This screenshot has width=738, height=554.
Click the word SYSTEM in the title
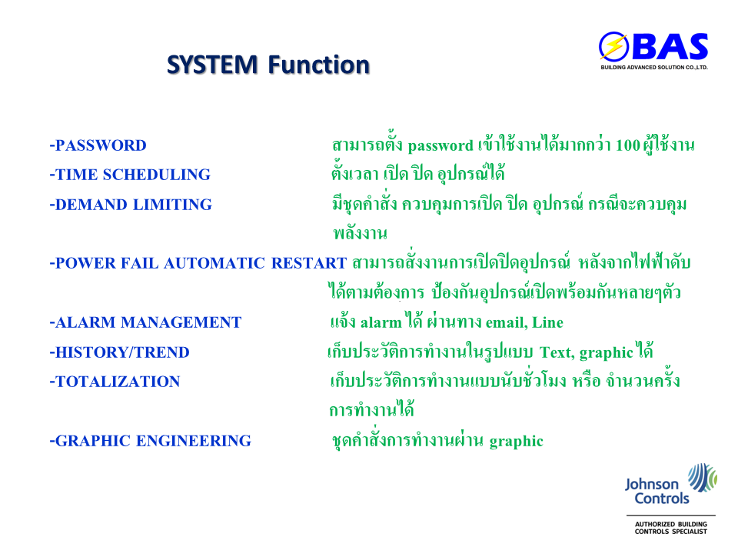[x=212, y=65]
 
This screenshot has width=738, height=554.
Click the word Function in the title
[x=319, y=65]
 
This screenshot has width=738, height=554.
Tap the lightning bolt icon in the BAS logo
[x=613, y=46]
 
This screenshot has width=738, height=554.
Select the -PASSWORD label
[x=98, y=145]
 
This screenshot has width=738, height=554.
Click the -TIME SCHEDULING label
[x=130, y=175]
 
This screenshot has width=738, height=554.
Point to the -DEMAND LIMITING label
[x=131, y=205]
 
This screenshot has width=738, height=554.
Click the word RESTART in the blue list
[x=309, y=263]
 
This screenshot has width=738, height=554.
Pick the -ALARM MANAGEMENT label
[x=145, y=322]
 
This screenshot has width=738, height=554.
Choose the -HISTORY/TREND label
[x=120, y=352]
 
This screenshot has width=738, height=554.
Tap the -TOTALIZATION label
[x=115, y=382]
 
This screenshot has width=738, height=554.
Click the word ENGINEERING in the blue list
[x=194, y=441]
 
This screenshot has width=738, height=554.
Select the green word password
[x=440, y=146]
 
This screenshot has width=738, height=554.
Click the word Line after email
[x=548, y=322]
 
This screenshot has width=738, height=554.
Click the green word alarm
[x=381, y=322]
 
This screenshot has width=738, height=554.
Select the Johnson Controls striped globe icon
[x=702, y=477]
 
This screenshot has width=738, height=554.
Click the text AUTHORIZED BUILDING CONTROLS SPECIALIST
[x=670, y=528]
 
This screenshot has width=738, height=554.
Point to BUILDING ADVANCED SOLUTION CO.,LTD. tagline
[x=654, y=68]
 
